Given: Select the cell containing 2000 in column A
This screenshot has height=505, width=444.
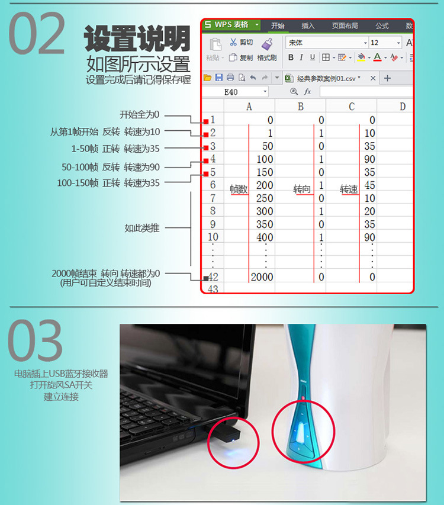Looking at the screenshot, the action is point(262,276).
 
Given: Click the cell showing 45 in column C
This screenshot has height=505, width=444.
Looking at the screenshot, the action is point(369,185).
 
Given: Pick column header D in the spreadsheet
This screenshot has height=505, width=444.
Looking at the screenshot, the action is point(402,107).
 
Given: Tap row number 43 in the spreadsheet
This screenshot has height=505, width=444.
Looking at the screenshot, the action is point(213,288).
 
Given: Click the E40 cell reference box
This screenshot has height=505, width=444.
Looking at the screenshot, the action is point(235,92).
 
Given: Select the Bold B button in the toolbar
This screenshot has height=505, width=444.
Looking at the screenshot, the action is point(291,57).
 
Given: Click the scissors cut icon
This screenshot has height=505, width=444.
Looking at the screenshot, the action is point(233,42).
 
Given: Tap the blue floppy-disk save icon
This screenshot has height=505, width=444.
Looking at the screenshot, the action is point(219,78).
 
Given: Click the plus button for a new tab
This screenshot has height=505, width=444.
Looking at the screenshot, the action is point(387,78).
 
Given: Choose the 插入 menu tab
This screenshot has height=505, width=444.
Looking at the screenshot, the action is point(308,26).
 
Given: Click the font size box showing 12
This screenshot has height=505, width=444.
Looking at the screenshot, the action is point(385,43).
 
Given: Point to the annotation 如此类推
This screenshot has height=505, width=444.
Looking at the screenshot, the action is point(142,228).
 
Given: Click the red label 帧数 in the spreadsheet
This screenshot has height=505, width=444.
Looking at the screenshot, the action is point(239,189).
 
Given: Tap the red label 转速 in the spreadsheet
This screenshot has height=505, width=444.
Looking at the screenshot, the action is point(349,189).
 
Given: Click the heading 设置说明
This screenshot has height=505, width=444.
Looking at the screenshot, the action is point(137,39).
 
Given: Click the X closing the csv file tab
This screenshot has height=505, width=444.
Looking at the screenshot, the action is point(373,78).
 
